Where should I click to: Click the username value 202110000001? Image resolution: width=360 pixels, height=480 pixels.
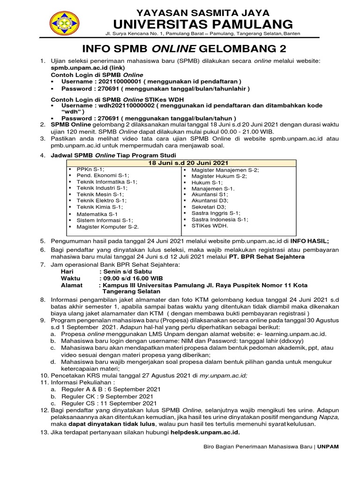click(x=123, y=81)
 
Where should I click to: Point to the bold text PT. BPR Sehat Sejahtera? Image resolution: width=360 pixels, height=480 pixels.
click(x=264, y=256)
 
